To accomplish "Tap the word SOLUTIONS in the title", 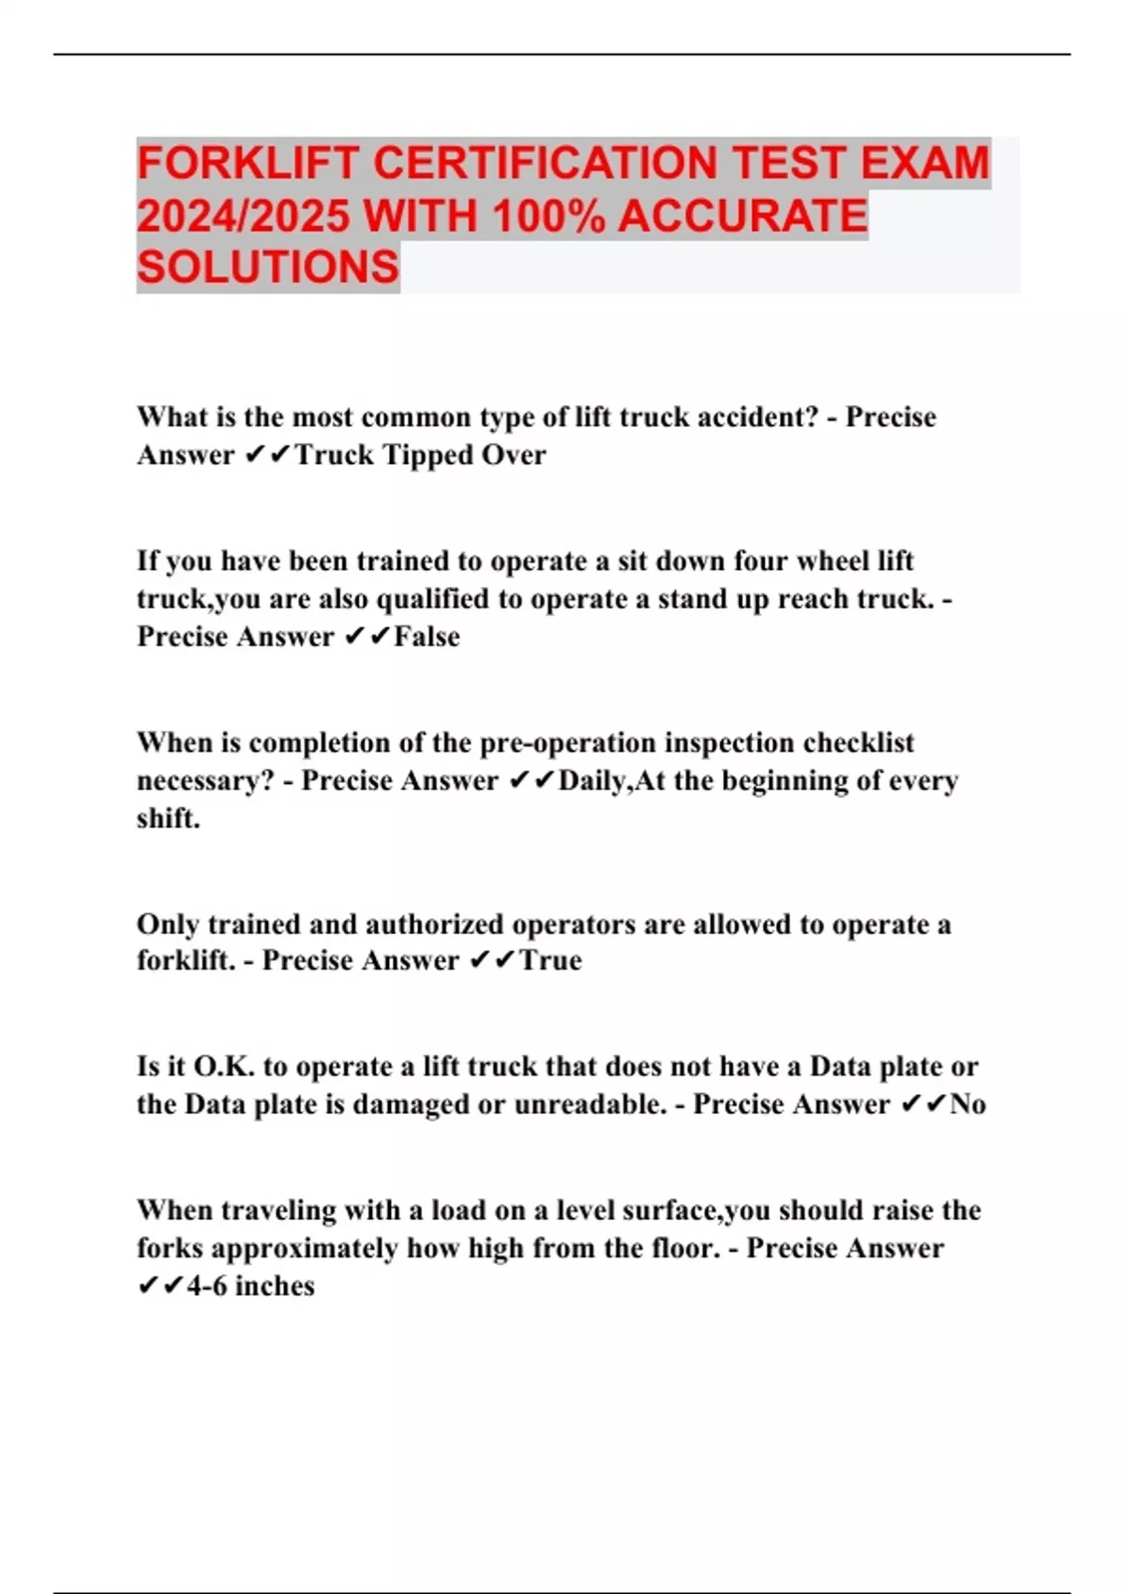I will pos(268,267).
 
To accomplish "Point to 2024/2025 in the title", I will pos(244,216).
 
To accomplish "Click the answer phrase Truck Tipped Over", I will pos(421,455).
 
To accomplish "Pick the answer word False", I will pos(427,637).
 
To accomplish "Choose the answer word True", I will pos(550,960).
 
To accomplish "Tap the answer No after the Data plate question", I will pos(967,1105).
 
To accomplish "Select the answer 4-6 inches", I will pos(250,1286).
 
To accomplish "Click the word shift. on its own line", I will pos(169,819).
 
